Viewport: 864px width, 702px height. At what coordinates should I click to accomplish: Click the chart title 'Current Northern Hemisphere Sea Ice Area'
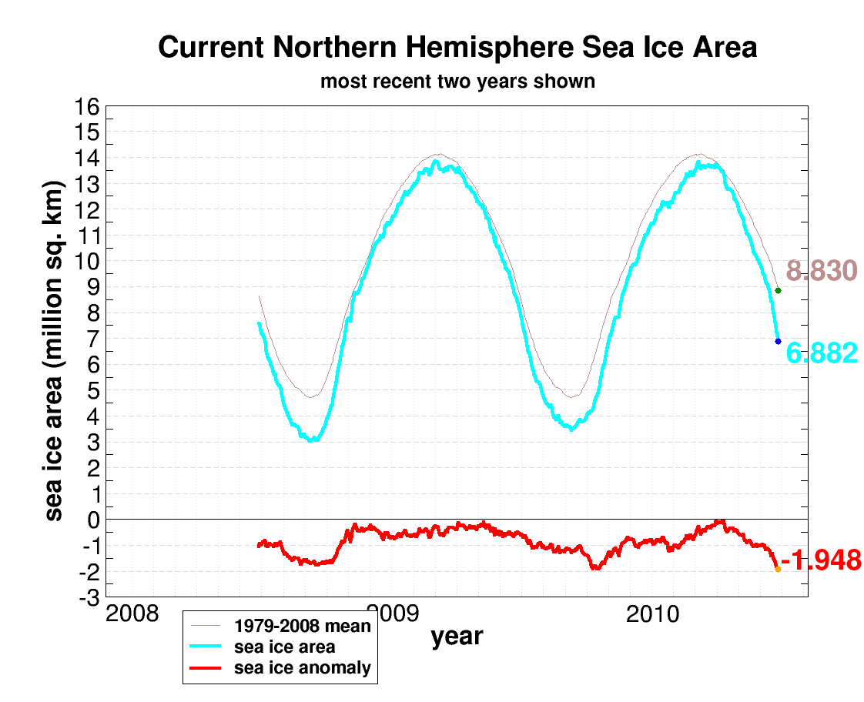[x=457, y=48]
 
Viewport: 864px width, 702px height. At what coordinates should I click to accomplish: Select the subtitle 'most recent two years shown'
[x=457, y=81]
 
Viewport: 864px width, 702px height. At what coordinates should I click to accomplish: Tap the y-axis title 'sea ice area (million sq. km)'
[x=54, y=351]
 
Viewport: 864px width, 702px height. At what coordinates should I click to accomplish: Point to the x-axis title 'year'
[x=457, y=637]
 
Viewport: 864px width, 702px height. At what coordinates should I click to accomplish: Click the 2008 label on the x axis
[x=132, y=615]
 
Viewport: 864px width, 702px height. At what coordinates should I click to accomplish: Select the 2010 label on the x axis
[x=654, y=615]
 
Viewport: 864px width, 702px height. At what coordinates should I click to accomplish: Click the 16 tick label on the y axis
[x=87, y=107]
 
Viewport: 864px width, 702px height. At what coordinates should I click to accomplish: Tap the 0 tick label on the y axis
[x=93, y=520]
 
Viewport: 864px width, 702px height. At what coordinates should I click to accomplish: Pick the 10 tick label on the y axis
[x=87, y=262]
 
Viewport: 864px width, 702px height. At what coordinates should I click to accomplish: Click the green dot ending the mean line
[x=778, y=290]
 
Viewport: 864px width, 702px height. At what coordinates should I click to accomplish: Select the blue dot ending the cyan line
[x=778, y=341]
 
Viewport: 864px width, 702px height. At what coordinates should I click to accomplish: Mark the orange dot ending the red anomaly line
[x=778, y=570]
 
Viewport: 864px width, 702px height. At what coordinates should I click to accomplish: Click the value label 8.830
[x=821, y=271]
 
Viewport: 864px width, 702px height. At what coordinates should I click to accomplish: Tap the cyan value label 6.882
[x=821, y=353]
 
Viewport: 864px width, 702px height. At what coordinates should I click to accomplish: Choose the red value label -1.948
[x=821, y=560]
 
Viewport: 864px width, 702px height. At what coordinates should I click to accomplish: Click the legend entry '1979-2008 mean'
[x=303, y=626]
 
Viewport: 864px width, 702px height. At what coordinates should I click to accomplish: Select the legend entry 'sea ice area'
[x=284, y=647]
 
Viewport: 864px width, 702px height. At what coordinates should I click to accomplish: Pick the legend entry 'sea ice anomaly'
[x=302, y=667]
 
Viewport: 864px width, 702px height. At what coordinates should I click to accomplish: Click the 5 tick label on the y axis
[x=93, y=391]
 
